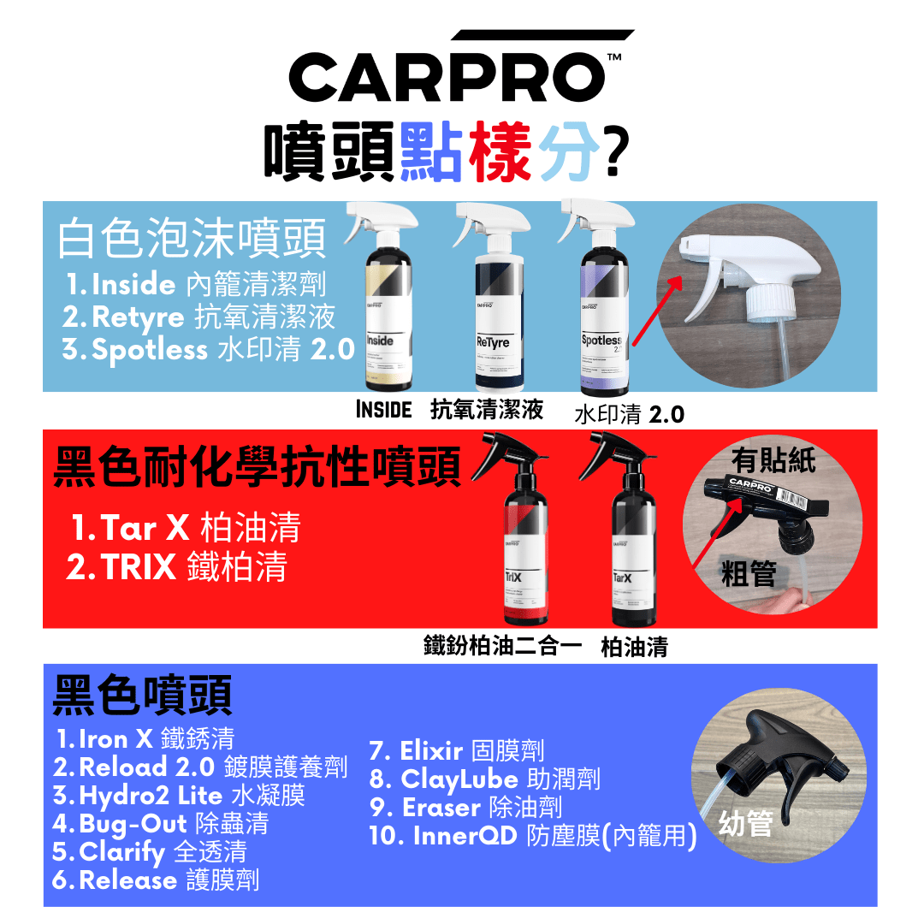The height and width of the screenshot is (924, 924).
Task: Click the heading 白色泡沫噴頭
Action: coord(192,240)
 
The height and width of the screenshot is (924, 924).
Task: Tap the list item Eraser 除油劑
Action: coord(466,808)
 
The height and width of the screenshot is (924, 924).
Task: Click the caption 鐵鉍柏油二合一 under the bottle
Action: coord(502,645)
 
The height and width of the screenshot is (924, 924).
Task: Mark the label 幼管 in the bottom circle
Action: coord(746,823)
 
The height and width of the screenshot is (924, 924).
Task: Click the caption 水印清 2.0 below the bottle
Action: coord(629,415)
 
